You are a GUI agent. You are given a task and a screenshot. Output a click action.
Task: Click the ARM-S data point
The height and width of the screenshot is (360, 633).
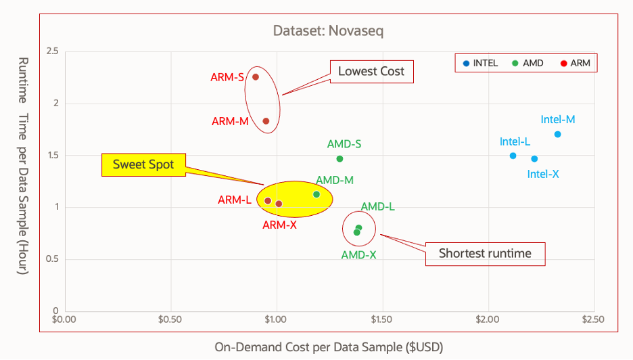(256, 77)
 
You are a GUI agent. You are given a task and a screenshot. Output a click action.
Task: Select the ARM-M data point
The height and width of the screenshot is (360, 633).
(266, 121)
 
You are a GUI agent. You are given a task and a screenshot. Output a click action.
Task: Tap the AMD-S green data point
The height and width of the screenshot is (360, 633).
(339, 159)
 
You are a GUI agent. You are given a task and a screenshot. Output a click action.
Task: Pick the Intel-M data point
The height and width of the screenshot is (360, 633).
(557, 134)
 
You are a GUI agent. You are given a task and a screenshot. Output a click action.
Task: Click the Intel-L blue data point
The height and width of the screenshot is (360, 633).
(513, 156)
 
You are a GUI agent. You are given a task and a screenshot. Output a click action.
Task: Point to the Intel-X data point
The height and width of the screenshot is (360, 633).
(534, 159)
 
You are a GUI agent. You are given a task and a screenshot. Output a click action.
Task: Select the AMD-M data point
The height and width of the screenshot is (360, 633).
(316, 194)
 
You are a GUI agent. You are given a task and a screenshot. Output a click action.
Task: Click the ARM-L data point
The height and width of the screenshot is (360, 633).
(268, 201)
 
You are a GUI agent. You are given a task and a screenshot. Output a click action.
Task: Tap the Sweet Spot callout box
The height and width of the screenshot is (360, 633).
(143, 164)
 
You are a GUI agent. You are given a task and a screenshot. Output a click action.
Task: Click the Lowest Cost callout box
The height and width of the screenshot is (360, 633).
(371, 71)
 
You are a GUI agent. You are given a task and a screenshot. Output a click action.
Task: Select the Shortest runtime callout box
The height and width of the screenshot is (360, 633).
(485, 254)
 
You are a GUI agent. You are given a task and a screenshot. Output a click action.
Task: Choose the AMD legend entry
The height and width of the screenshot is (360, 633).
(527, 64)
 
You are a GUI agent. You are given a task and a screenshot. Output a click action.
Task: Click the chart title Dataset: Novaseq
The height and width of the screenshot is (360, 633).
(329, 30)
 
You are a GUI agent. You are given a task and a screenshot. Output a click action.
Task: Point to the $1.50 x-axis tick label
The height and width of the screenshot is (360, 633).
(381, 319)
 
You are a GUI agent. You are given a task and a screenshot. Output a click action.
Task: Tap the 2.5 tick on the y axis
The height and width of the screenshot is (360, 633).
(51, 51)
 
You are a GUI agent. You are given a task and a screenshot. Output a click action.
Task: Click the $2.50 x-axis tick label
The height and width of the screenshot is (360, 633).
(593, 319)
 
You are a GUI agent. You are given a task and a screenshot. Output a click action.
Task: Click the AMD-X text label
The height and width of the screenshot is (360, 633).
(359, 255)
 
